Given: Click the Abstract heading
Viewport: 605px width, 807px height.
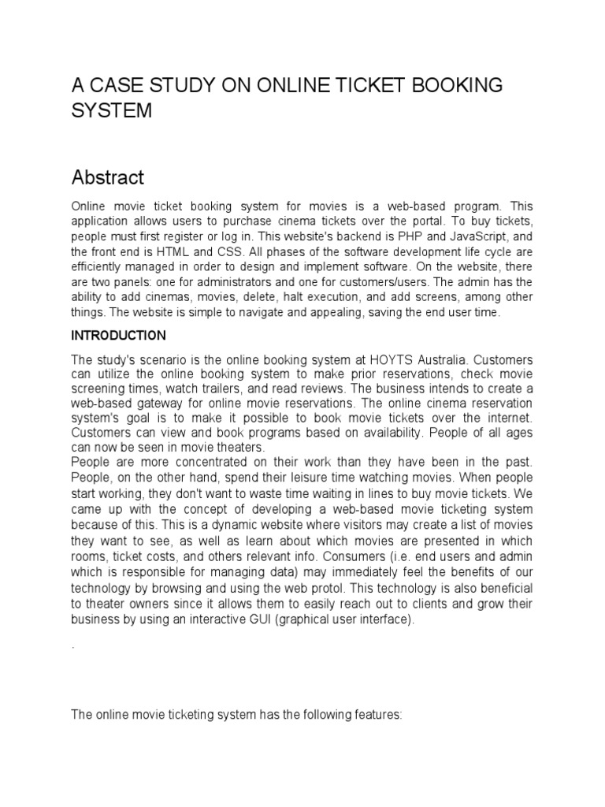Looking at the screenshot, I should pos(108,177).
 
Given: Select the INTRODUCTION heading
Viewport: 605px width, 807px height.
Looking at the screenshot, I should pos(118,336).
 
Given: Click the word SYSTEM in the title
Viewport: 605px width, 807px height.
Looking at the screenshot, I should pos(111,111).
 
